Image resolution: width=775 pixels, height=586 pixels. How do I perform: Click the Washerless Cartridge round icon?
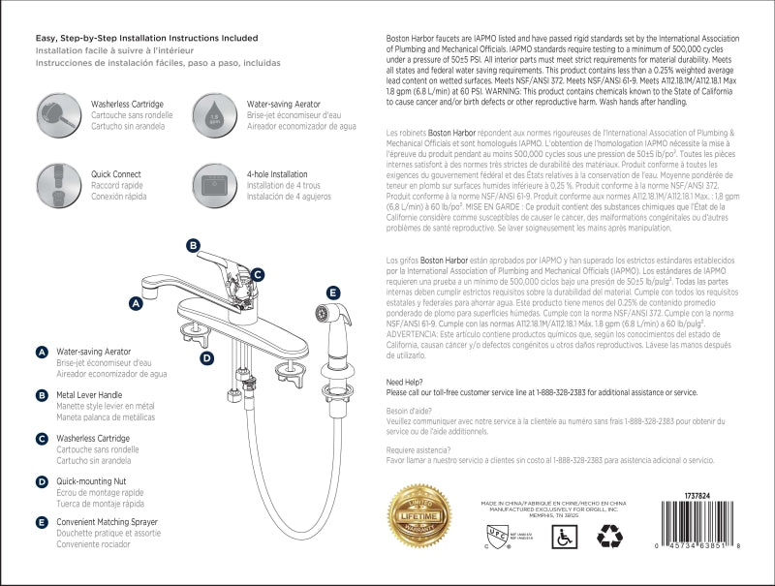54,113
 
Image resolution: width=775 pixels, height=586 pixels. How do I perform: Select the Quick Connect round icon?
54,183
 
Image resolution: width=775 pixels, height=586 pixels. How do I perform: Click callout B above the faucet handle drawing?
193,246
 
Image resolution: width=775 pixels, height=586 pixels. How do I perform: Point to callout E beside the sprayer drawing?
332,292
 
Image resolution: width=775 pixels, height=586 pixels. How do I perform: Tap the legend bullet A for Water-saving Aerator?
43,352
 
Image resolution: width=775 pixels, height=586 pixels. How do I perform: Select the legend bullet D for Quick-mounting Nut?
43,481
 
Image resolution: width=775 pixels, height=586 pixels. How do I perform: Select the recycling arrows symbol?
611,536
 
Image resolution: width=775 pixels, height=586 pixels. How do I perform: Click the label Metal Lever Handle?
89,395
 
